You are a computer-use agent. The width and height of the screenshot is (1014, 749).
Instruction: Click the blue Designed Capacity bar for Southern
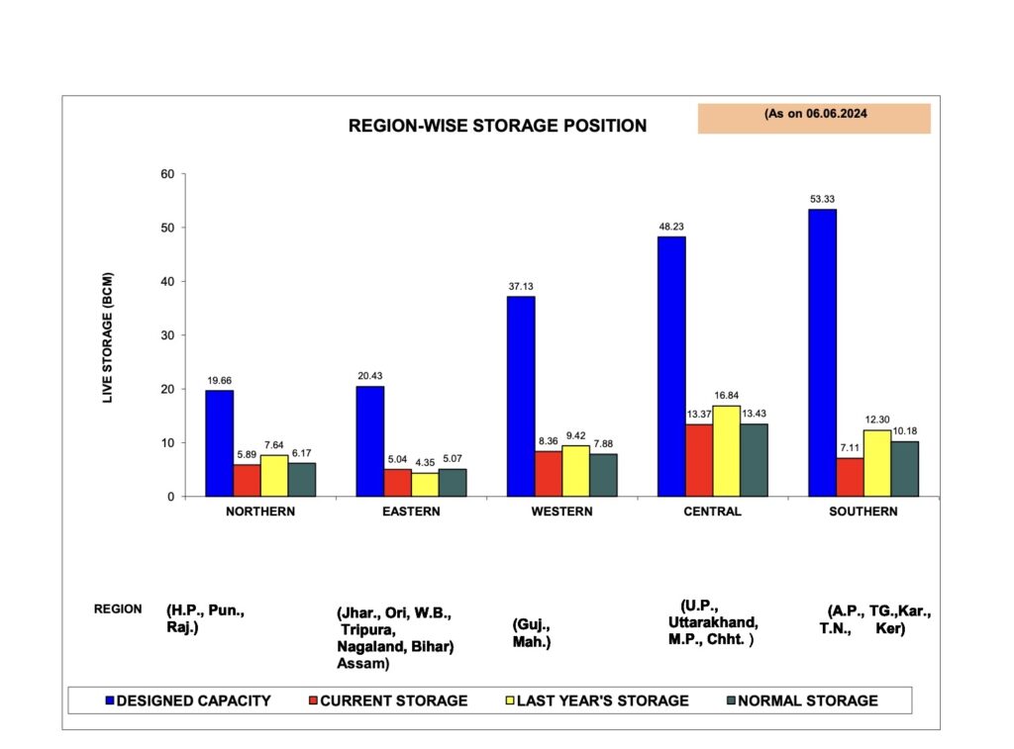(x=822, y=352)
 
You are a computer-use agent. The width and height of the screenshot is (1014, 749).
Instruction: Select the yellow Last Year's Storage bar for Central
(x=726, y=450)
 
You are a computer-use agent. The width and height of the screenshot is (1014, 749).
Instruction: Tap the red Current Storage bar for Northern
(x=247, y=480)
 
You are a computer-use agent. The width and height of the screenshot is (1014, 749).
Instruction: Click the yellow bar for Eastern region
(x=425, y=484)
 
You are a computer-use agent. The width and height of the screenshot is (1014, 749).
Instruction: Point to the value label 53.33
(x=822, y=200)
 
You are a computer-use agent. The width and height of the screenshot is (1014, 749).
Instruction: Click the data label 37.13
(x=521, y=287)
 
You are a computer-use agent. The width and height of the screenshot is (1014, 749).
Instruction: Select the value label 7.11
(x=850, y=448)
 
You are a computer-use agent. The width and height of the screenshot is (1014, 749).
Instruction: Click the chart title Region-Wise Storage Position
(x=497, y=127)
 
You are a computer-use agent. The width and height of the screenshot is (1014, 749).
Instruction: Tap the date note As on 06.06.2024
(x=814, y=114)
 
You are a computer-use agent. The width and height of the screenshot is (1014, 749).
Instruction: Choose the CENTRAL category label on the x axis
(x=712, y=512)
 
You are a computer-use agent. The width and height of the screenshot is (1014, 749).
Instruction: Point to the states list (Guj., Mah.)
(x=532, y=633)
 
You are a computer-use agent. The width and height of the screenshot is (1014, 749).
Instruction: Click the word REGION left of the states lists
(x=118, y=609)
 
